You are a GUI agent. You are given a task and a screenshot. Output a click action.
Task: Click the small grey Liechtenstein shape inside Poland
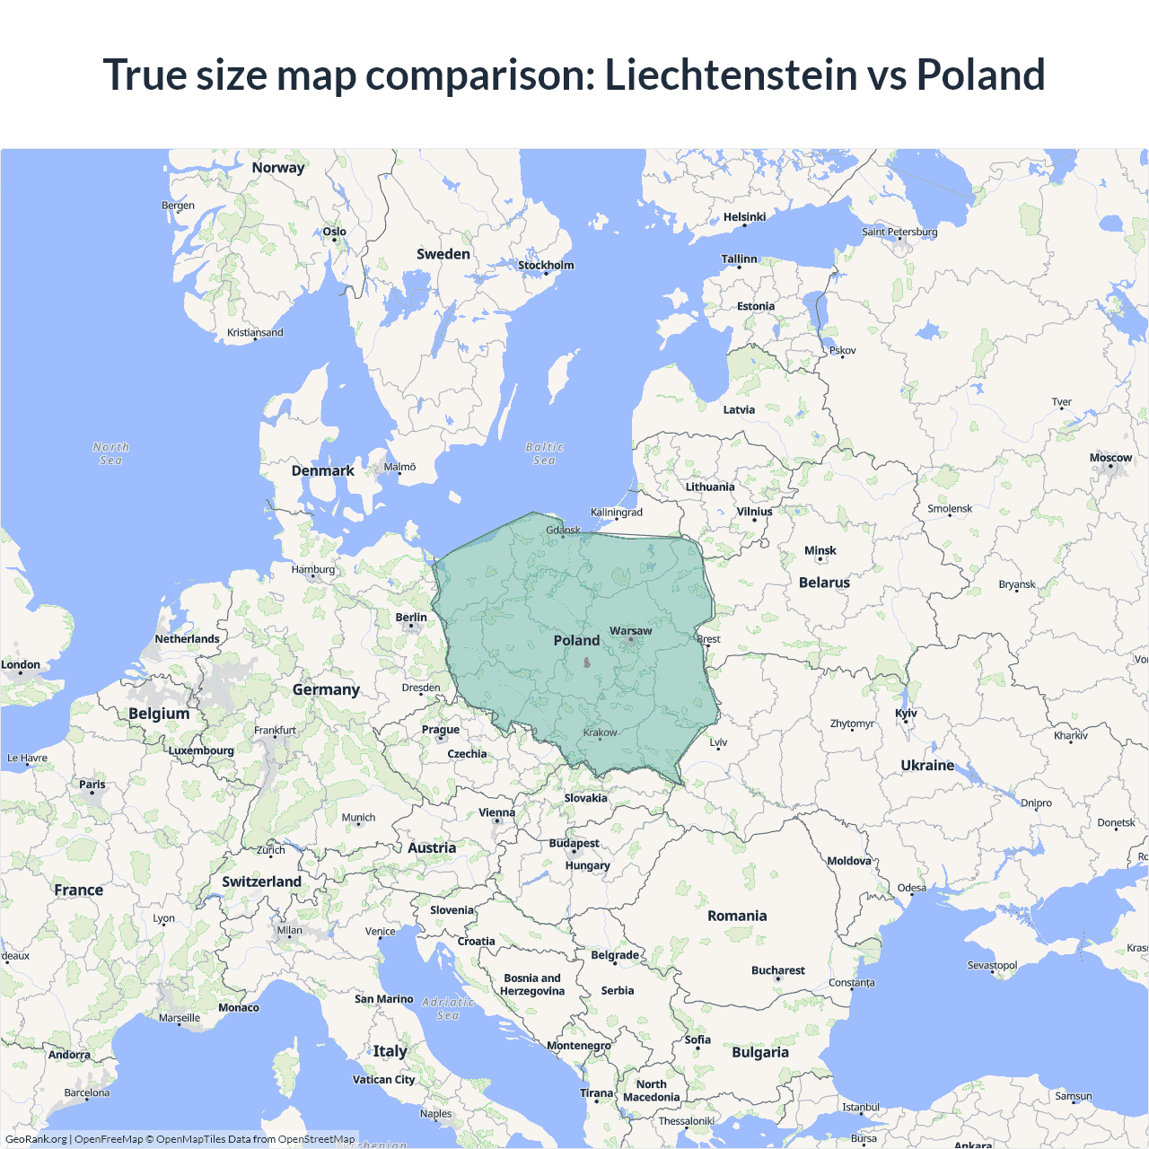click(x=587, y=663)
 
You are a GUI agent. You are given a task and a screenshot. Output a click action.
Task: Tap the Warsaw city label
click(x=630, y=631)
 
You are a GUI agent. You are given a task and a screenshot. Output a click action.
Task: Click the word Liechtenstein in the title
click(x=731, y=75)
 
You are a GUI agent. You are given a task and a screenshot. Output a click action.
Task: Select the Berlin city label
click(x=411, y=618)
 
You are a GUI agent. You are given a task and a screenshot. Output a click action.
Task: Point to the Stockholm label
click(x=546, y=265)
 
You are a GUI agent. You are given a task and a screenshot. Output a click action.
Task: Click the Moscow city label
click(x=1110, y=458)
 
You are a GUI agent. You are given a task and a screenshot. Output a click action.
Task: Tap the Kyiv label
click(x=906, y=714)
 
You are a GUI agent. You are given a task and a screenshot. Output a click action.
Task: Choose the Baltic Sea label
click(x=544, y=453)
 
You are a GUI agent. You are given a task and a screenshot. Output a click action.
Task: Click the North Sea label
click(x=110, y=453)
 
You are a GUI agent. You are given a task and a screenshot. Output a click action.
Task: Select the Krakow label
click(x=600, y=732)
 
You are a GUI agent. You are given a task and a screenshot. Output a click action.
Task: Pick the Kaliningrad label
click(x=617, y=513)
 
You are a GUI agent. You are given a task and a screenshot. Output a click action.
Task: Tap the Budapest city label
click(x=574, y=844)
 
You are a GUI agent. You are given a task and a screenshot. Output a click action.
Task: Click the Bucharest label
click(x=777, y=970)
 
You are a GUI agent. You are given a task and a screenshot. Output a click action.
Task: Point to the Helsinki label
click(x=744, y=217)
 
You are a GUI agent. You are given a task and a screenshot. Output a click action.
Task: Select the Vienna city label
click(x=496, y=812)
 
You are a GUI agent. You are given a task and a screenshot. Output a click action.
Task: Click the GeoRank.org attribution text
click(x=36, y=1139)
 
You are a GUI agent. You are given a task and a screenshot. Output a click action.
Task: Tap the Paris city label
click(x=92, y=785)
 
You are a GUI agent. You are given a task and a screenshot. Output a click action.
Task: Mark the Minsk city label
click(x=820, y=551)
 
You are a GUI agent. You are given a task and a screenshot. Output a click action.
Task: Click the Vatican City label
click(x=383, y=1080)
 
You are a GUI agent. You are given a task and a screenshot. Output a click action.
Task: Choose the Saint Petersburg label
click(x=899, y=232)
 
